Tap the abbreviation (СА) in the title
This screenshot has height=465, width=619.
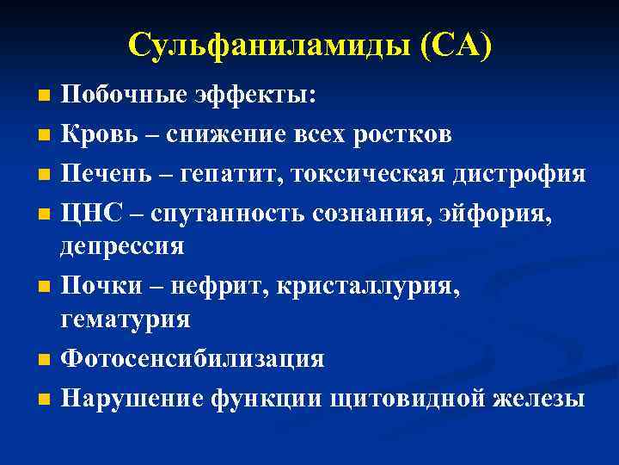point(457,44)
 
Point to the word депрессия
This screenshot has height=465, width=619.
point(122,246)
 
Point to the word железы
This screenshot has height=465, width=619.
point(540,399)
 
